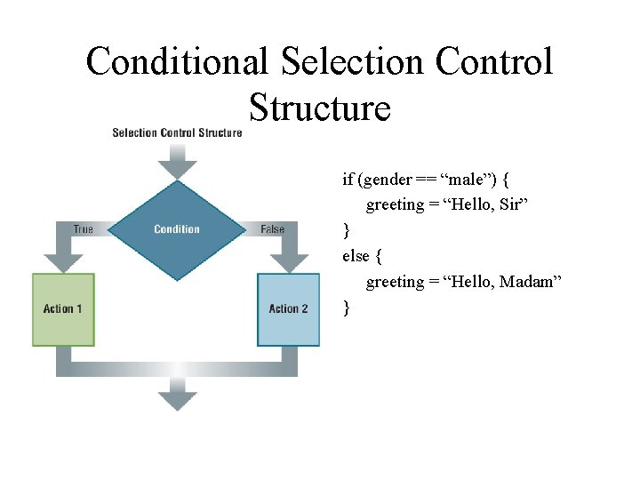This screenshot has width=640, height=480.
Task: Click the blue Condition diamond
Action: click(177, 229)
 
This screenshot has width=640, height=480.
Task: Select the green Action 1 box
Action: click(63, 308)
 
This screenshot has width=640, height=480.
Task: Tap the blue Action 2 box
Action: click(288, 308)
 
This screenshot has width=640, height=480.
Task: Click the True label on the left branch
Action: click(83, 229)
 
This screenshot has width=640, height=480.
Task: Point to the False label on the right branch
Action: click(272, 229)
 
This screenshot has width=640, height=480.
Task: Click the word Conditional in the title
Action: click(176, 62)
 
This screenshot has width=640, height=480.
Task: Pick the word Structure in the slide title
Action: click(319, 108)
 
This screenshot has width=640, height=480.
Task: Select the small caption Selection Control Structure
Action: click(177, 133)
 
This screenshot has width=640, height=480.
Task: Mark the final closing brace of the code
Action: click(347, 308)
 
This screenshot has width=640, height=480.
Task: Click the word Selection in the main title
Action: click(352, 62)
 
